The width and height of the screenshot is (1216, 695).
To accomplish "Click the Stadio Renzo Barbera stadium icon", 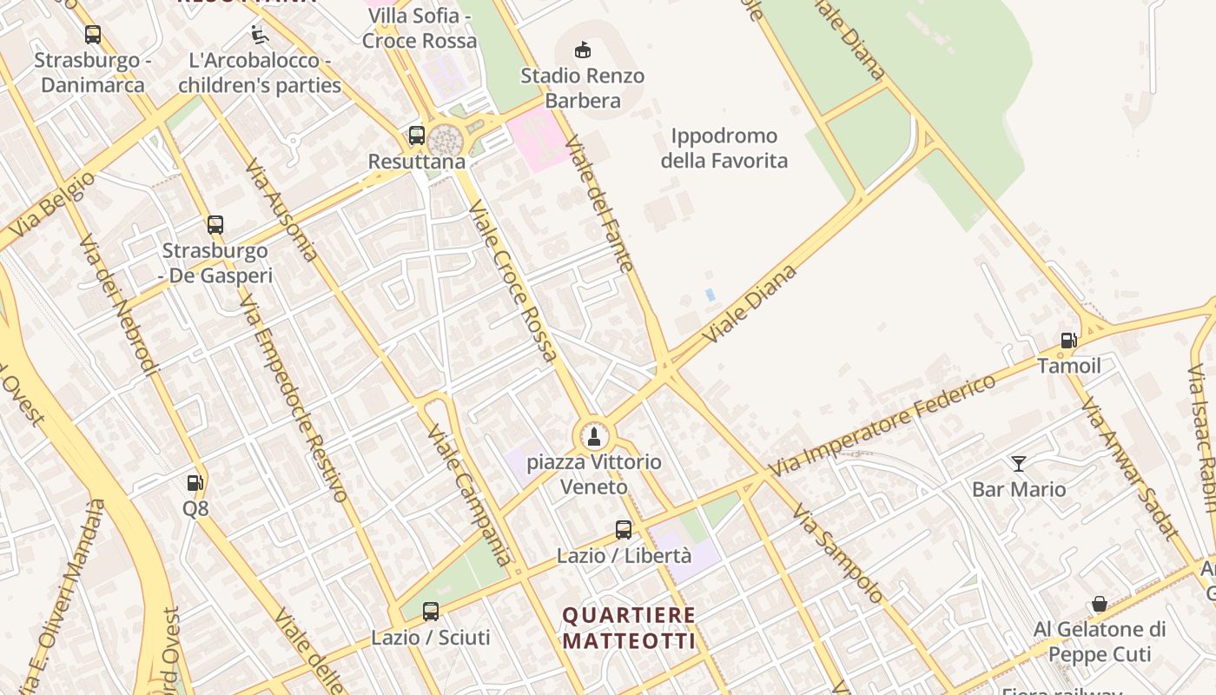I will (583, 50).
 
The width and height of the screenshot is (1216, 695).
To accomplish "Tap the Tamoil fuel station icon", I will (1068, 341).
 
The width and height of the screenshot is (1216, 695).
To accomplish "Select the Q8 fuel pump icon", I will (195, 482).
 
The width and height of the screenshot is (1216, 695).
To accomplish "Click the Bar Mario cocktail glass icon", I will (1018, 464).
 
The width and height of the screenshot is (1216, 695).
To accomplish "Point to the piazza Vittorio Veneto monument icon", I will (594, 436).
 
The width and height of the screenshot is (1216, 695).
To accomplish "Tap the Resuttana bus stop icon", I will (417, 136).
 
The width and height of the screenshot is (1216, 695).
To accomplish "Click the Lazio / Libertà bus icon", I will (624, 529).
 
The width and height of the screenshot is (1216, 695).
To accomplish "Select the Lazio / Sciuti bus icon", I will (431, 611).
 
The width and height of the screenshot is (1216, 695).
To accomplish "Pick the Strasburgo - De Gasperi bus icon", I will (215, 225).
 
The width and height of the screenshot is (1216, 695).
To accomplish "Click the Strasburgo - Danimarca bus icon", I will (92, 35).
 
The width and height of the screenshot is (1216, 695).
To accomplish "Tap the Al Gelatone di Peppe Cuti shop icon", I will (1099, 604).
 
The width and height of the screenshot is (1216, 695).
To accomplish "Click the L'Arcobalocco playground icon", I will (259, 35).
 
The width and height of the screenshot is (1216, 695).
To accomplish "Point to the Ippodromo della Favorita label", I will (724, 149).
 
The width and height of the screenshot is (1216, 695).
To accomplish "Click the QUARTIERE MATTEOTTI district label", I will (629, 628).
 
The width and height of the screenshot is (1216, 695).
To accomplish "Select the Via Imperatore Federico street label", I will (882, 426).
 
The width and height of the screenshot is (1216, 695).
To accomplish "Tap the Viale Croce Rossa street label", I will (512, 280).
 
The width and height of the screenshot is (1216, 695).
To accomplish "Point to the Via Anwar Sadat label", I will (1129, 468).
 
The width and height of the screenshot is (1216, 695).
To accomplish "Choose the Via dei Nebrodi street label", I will (119, 304).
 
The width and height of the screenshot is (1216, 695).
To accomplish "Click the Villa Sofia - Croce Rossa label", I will (420, 29).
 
